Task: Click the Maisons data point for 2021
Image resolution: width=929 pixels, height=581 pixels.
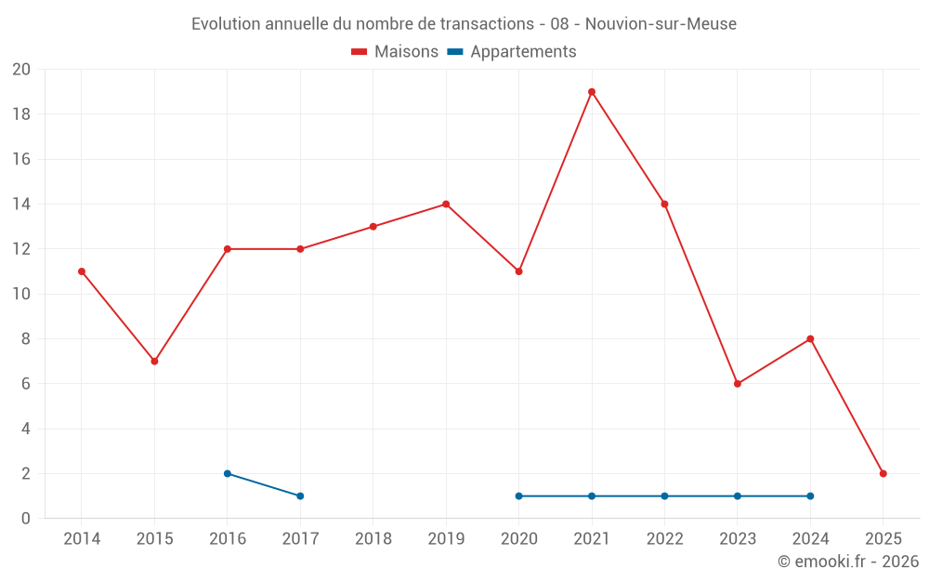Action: [x=592, y=92]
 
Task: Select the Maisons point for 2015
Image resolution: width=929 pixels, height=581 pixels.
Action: [x=154, y=361]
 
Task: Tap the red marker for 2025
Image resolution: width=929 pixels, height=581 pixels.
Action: [x=883, y=473]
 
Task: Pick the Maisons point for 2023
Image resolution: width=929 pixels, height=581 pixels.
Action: [x=738, y=384]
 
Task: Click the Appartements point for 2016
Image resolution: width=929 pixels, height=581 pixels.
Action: [x=228, y=473]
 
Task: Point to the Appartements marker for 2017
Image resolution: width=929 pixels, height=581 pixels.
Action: [x=300, y=495]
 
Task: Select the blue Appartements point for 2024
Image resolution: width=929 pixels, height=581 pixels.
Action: [x=810, y=495]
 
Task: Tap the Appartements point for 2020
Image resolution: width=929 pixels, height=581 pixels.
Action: [x=518, y=495]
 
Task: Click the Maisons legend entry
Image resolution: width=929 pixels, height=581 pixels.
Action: [x=395, y=52]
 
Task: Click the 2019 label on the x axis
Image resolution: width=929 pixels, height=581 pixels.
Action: [x=446, y=538]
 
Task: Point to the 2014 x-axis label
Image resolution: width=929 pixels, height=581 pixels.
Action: [x=82, y=538]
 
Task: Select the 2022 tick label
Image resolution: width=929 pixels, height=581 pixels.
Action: [x=664, y=538]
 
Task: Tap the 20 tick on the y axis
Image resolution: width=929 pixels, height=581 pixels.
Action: [x=21, y=70]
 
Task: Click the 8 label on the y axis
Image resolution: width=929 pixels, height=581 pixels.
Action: [x=26, y=339]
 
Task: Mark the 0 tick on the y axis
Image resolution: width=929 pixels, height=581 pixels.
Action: [x=26, y=518]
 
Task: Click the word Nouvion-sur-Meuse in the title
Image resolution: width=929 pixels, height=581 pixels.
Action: [x=661, y=24]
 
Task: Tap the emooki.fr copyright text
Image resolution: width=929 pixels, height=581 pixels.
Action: [x=848, y=561]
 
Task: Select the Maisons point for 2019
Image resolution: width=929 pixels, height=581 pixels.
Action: [x=446, y=205]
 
